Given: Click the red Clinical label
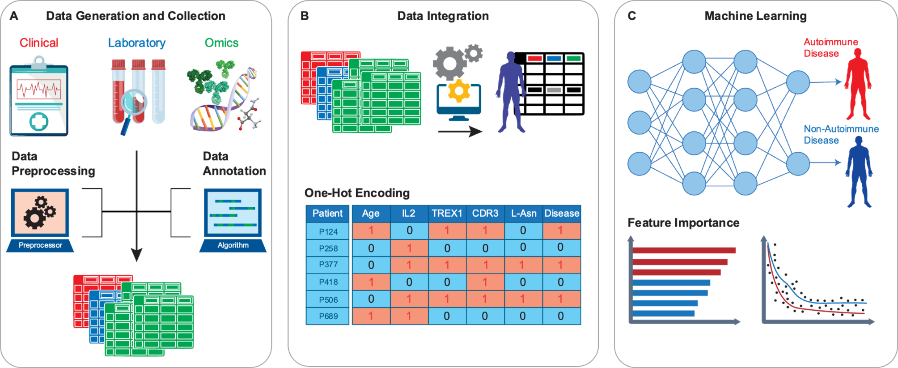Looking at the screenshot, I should [39, 43].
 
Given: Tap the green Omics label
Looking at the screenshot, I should [221, 43].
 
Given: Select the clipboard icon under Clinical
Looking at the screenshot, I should [39, 98].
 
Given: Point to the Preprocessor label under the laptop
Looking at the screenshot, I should [40, 245].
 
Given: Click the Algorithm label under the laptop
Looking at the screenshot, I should [233, 245].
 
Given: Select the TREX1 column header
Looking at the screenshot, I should [447, 214].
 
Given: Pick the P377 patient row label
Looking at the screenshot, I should [328, 265].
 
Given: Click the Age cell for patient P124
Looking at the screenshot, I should [371, 231].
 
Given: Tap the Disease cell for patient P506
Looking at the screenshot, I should [561, 299].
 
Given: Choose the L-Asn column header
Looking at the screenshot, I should [523, 214].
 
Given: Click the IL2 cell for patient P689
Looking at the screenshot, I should [409, 316].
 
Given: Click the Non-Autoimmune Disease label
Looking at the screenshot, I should [841, 134].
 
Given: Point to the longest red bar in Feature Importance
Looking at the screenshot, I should [684, 250].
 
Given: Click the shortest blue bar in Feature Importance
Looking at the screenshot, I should [664, 313].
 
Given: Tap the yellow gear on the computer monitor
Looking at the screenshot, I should [459, 91].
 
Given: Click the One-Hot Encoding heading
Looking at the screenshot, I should [357, 193].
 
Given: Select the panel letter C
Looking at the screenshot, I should [631, 16].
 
